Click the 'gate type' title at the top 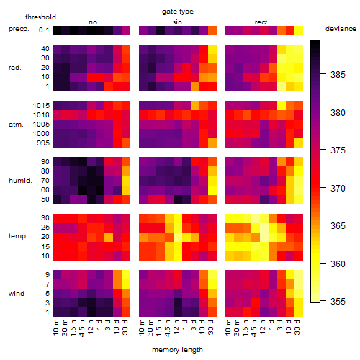coord(178,12)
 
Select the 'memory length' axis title coord(177,350)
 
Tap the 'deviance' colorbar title coord(341,29)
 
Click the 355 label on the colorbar coord(338,301)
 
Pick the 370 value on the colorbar coord(338,188)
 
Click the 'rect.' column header coord(261,22)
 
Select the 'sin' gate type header coord(177,22)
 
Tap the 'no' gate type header coord(93,22)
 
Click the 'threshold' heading coord(40,17)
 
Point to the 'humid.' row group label coord(20,181)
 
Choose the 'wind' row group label coord(17,294)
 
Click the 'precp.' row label coord(19,29)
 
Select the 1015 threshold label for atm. coord(41,106)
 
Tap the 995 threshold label coord(43,143)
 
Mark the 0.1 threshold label coord(44,30)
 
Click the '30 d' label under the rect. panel coord(297,327)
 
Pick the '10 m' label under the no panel coord(55,327)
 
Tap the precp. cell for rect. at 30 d coord(299,31)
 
